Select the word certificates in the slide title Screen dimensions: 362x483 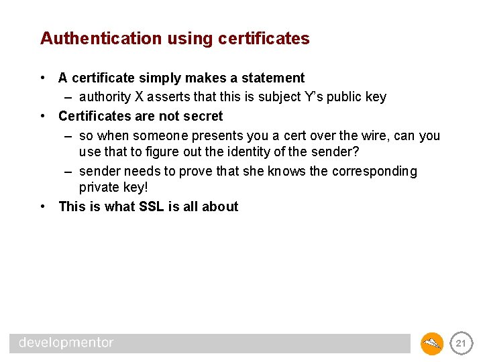(x=264, y=39)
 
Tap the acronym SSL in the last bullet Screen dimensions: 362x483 (x=152, y=207)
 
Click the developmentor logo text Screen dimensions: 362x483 (x=66, y=343)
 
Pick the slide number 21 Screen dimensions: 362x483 (x=460, y=343)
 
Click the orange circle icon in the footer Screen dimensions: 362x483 (x=432, y=343)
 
